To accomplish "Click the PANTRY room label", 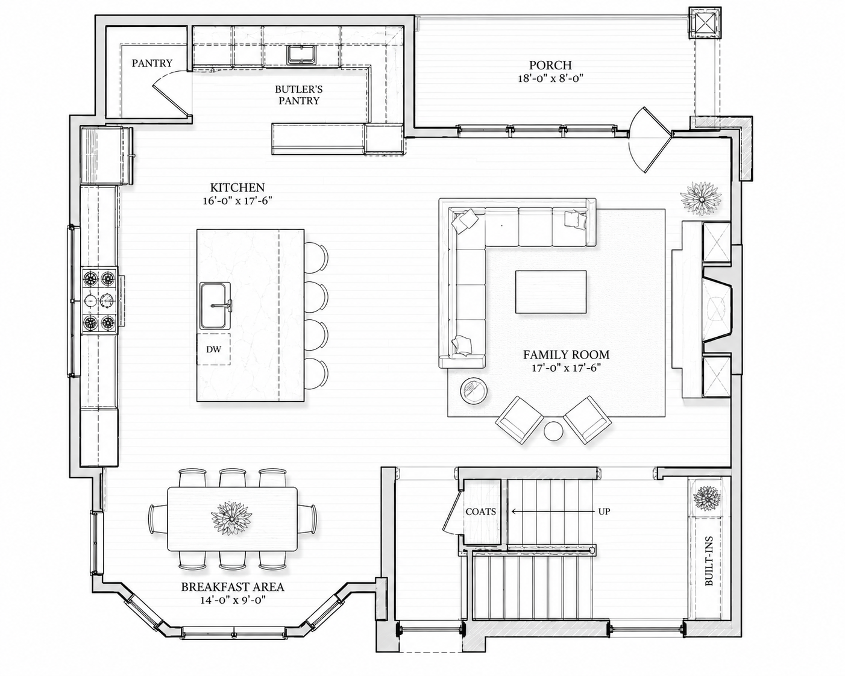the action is (152, 63).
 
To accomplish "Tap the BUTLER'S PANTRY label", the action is (299, 95).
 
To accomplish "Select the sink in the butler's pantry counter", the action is (301, 55).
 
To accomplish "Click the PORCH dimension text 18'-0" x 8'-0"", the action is (550, 78).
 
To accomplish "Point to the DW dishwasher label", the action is (213, 349).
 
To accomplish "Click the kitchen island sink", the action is (215, 305).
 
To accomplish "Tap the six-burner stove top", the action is (99, 301).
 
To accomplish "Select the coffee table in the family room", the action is (551, 292).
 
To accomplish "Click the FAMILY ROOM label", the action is (566, 354).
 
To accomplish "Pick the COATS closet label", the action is (480, 512).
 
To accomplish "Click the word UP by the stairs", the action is (604, 512).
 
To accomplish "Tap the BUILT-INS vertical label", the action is (709, 566).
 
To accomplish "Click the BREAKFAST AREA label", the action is (233, 587).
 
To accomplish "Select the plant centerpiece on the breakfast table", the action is (231, 519).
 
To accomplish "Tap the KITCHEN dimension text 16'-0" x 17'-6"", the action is (237, 201).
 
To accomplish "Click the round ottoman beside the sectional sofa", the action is (474, 390).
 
